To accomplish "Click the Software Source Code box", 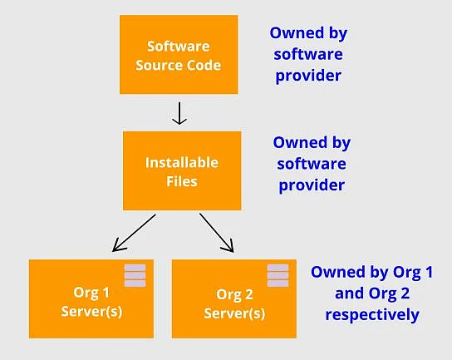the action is (x=179, y=55).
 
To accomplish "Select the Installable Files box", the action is (x=182, y=170).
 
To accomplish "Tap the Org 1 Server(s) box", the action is (x=91, y=298).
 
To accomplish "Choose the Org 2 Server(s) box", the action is (x=234, y=298).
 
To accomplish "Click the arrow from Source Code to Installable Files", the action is (x=179, y=113).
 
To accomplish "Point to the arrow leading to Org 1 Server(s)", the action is (x=134, y=233).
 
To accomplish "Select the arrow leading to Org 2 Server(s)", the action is (x=217, y=233).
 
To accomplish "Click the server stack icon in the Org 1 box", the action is (x=135, y=275).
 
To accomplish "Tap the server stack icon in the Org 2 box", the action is (x=278, y=275).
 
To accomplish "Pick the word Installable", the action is (x=182, y=163).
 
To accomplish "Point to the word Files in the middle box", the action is (x=182, y=181).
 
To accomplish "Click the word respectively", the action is (x=372, y=315).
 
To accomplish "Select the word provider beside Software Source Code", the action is (x=308, y=76).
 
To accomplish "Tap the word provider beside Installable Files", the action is (x=312, y=185).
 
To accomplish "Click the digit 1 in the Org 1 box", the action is (x=106, y=293).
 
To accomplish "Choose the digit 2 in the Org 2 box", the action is (x=248, y=295).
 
